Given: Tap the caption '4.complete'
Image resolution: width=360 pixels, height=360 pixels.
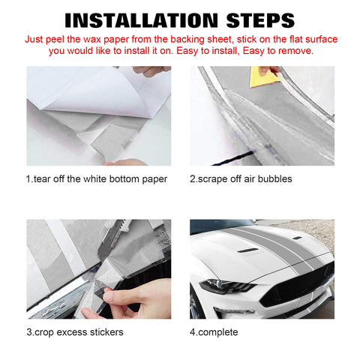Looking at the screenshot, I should pos(213,331).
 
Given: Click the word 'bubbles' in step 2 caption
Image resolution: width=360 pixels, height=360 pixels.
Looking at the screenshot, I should pos(273,178).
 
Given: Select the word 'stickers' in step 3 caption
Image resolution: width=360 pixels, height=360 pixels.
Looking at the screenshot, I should pos(105,331).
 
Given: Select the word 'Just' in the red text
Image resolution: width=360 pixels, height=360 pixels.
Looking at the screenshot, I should pos(35,37).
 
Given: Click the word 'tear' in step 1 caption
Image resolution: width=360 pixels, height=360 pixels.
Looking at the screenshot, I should pos(43,178).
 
